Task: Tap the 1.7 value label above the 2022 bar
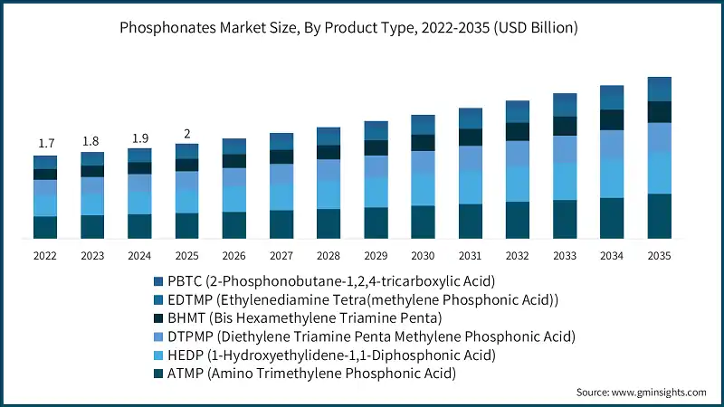(x=45, y=143)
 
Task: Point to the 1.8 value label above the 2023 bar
(x=92, y=140)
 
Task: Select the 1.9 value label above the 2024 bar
(x=139, y=137)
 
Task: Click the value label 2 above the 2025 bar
(x=186, y=134)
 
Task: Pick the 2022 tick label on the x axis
(x=45, y=256)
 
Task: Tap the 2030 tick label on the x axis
(x=423, y=256)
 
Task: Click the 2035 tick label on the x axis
(x=659, y=256)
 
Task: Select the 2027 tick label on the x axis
(x=281, y=256)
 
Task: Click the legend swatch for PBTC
(x=160, y=281)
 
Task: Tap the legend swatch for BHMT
(x=160, y=317)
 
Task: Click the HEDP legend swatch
(x=160, y=355)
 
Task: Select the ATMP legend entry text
(x=313, y=373)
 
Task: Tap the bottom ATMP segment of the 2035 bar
(x=659, y=216)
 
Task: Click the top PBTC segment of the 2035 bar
(x=659, y=89)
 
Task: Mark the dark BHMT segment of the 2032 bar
(x=518, y=131)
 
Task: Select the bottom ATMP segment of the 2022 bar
(x=45, y=227)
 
